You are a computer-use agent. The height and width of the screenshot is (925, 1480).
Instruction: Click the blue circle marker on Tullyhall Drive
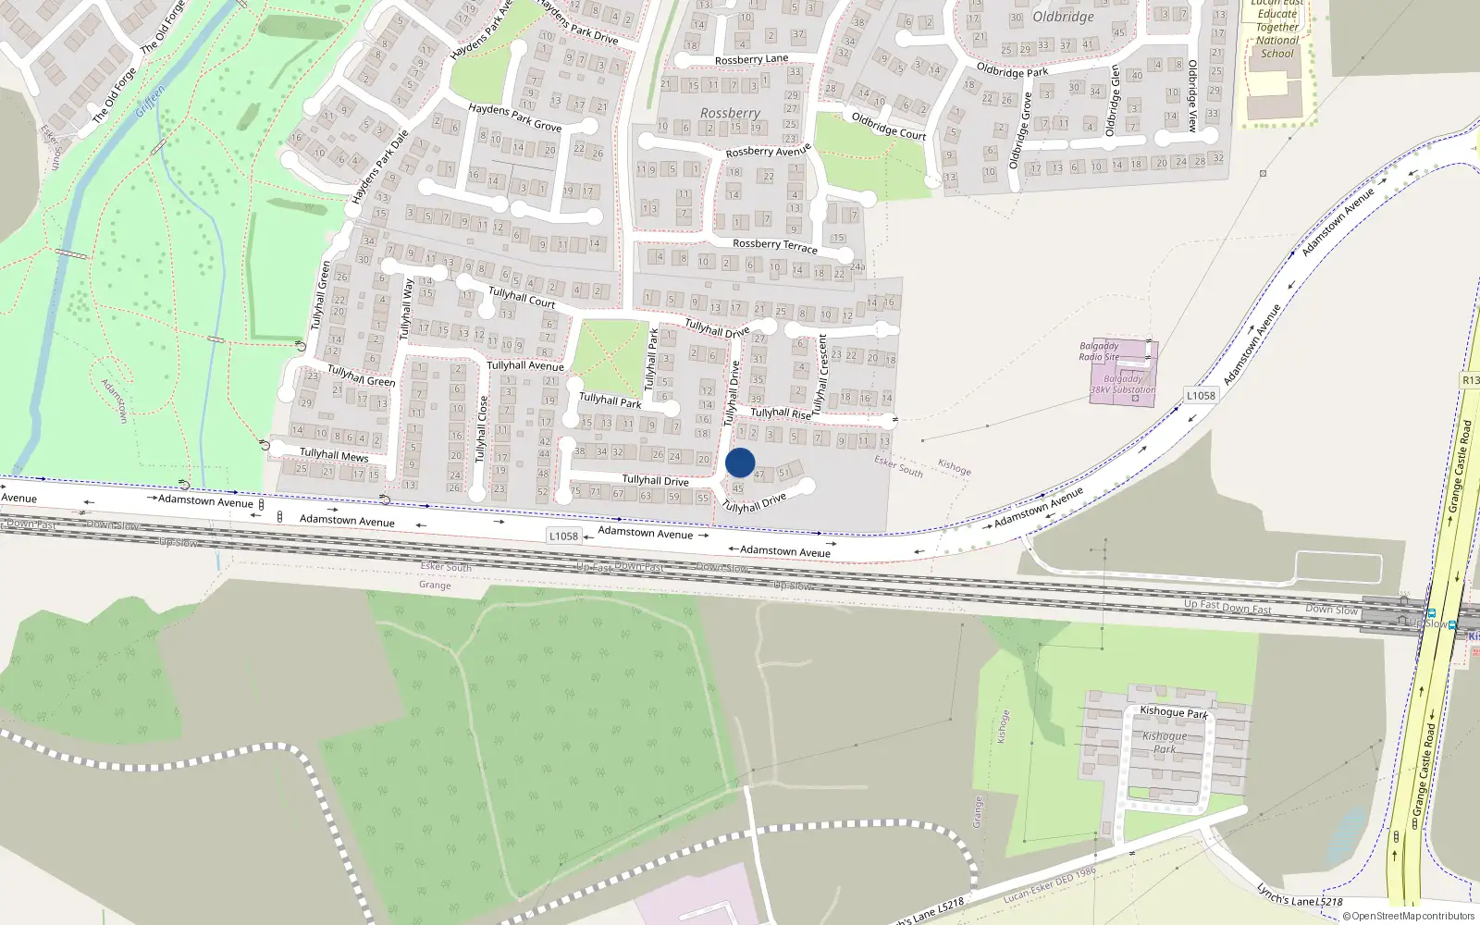click(740, 462)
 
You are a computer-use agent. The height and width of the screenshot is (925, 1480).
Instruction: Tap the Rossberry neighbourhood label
click(730, 113)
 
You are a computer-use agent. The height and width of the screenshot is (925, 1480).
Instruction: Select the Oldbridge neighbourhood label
click(1063, 17)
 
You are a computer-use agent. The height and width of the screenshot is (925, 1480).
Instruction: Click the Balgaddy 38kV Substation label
click(1122, 384)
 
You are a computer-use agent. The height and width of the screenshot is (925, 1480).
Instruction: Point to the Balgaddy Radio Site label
click(1099, 351)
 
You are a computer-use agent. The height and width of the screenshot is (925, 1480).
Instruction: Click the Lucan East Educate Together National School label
click(1276, 28)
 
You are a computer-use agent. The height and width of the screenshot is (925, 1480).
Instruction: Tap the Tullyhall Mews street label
click(334, 455)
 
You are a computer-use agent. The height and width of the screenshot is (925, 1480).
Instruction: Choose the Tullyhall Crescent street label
click(820, 374)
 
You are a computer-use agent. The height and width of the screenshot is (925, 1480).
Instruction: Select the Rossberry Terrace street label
click(774, 245)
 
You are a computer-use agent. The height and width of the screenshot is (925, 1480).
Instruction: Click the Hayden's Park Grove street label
click(514, 117)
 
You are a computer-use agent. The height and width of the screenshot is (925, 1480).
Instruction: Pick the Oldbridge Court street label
click(888, 126)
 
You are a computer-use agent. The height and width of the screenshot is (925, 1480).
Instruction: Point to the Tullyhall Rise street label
click(781, 413)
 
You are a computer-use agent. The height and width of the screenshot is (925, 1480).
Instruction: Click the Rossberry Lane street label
click(751, 60)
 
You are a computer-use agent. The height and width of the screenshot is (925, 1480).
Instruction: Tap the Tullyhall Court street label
click(522, 297)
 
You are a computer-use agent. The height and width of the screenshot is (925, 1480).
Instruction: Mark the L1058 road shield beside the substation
click(1201, 396)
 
